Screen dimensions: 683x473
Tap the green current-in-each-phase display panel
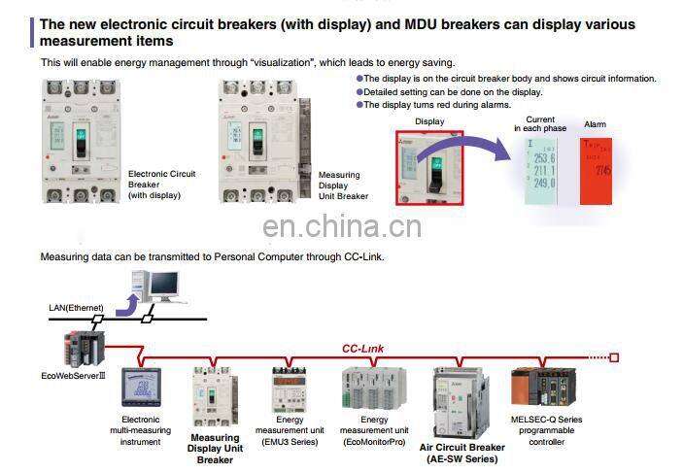coord(540,170)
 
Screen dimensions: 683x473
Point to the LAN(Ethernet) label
coord(76,307)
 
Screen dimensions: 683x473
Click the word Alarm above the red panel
coord(595,124)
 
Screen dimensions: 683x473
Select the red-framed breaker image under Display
coord(428,167)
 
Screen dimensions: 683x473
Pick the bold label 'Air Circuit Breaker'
coord(461,448)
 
